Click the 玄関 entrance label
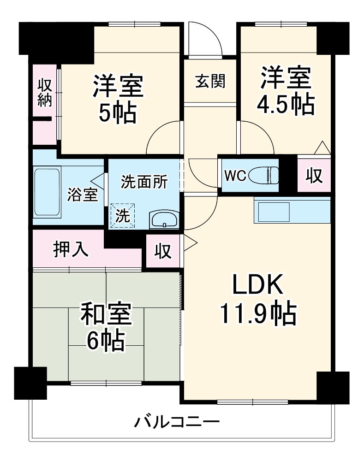(x=210, y=81)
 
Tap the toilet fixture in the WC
(x=263, y=175)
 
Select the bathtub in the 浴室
(x=47, y=192)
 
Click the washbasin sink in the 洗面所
(x=164, y=219)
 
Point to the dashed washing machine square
(x=122, y=215)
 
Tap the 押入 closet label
(x=71, y=249)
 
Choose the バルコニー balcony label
(x=177, y=422)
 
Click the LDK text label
(x=258, y=284)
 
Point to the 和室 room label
(x=106, y=313)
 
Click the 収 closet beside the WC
(x=314, y=176)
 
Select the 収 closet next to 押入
(x=163, y=251)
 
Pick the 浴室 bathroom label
(x=83, y=195)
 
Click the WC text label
(x=235, y=176)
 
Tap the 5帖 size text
(x=117, y=113)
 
